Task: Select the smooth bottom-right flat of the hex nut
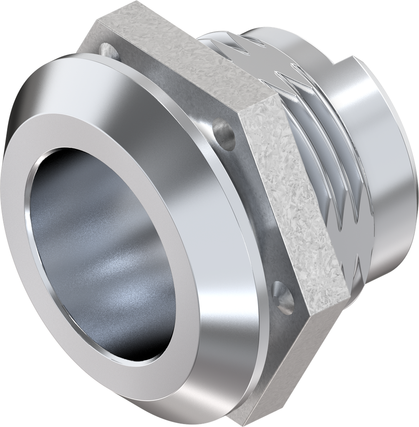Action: [x=288, y=367]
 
